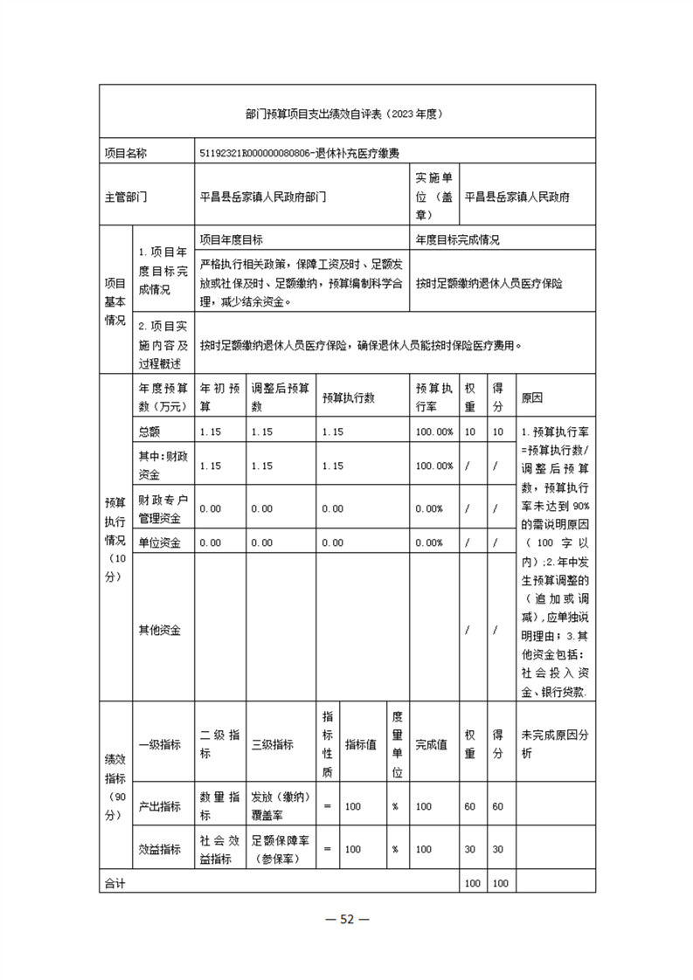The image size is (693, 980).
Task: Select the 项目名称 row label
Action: pyautogui.click(x=126, y=153)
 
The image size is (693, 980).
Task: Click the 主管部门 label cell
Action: pyautogui.click(x=126, y=197)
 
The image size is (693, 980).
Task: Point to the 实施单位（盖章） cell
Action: pyautogui.click(x=433, y=197)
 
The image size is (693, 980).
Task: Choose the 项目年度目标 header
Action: pyautogui.click(x=232, y=239)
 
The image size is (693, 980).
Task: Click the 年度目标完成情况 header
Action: pyautogui.click(x=457, y=239)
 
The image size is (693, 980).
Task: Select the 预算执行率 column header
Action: pyautogui.click(x=433, y=397)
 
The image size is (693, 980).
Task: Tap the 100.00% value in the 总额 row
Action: pyautogui.click(x=433, y=432)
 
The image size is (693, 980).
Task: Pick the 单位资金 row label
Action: pyautogui.click(x=158, y=542)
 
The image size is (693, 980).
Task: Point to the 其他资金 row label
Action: pyautogui.click(x=158, y=630)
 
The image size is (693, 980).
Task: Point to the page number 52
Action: pyautogui.click(x=347, y=918)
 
